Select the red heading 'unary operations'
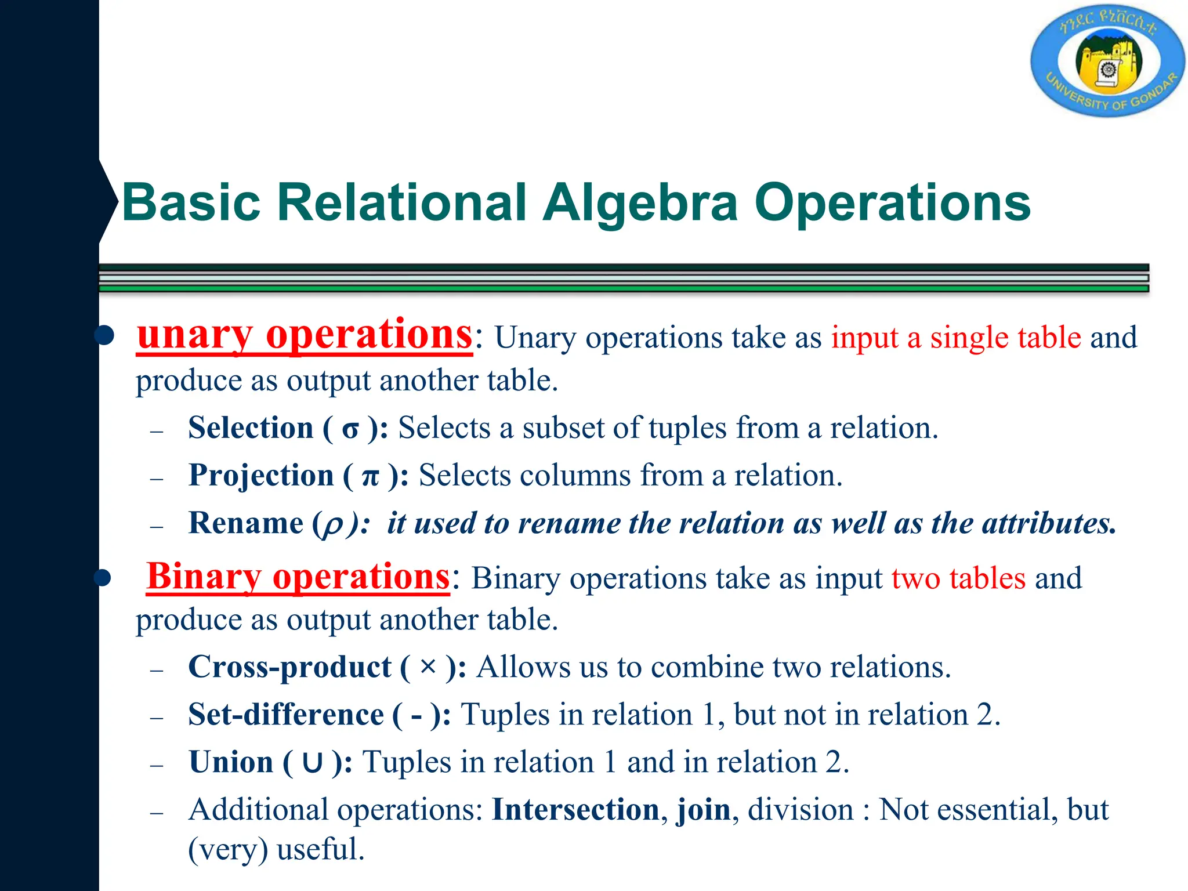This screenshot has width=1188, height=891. (x=305, y=336)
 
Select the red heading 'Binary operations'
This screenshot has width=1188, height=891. (x=298, y=577)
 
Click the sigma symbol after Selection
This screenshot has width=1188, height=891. (x=350, y=430)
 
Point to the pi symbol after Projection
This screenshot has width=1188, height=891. (x=370, y=477)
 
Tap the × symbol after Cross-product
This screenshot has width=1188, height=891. (x=428, y=667)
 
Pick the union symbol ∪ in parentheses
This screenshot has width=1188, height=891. (x=312, y=763)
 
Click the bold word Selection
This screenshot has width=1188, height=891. (x=251, y=428)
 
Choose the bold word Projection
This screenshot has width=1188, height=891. (x=261, y=476)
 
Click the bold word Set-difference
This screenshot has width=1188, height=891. (x=286, y=715)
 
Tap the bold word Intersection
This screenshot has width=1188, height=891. (x=575, y=810)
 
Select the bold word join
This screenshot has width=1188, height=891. (x=704, y=810)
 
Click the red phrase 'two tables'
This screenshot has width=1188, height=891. (x=958, y=578)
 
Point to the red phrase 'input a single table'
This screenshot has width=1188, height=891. (x=956, y=338)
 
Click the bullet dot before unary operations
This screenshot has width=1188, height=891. (x=105, y=336)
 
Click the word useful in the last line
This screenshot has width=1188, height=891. (x=320, y=850)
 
